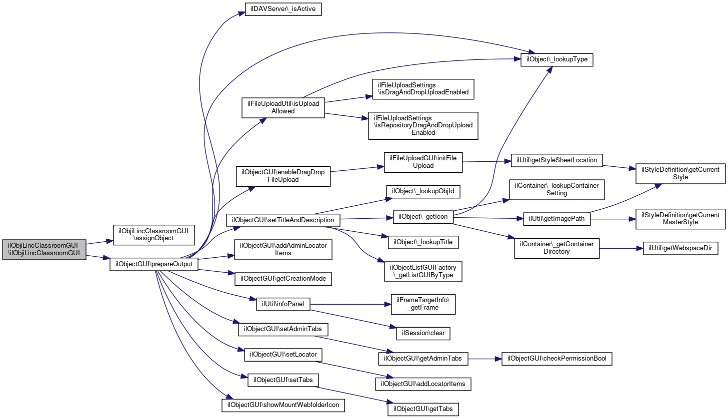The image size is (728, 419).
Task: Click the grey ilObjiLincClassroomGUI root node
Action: point(44,250)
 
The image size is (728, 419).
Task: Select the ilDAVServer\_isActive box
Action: point(283,9)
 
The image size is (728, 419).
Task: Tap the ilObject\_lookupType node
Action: point(556,60)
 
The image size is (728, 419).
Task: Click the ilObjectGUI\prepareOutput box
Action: point(153,264)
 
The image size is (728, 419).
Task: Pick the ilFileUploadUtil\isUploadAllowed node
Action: point(283,108)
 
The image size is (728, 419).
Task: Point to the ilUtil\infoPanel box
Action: point(283,304)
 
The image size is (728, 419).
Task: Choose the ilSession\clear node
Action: point(423,333)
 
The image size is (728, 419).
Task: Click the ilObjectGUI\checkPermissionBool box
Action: point(556,359)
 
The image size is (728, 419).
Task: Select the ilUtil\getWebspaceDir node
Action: point(680,248)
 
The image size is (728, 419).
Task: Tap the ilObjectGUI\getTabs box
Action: point(423,409)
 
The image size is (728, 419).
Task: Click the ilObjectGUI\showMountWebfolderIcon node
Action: point(283,405)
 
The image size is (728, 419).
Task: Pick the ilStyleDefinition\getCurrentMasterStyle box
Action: point(680,219)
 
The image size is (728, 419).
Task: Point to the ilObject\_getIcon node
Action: point(423,217)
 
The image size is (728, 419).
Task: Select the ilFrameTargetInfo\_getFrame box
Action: point(423,304)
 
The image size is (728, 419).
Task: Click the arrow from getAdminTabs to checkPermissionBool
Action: point(485,359)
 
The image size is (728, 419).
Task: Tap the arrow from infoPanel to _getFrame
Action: point(350,305)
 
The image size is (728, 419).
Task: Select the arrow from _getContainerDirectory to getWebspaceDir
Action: point(621,249)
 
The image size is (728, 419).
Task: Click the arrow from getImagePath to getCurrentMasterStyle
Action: point(613,219)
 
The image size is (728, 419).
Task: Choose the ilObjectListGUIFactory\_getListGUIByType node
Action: point(423,271)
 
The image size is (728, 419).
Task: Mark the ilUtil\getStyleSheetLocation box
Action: point(556,160)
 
